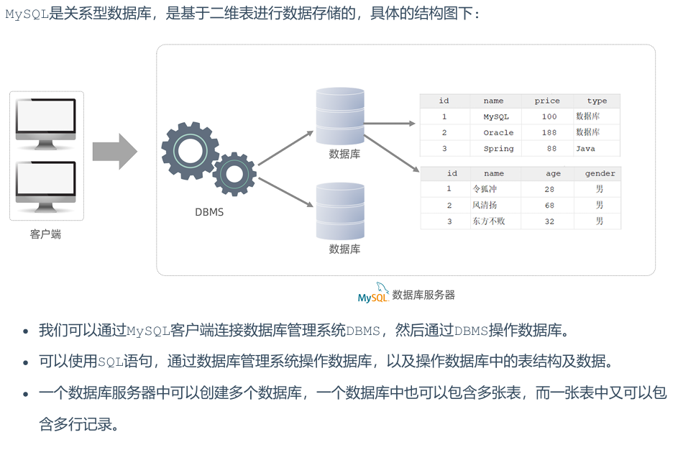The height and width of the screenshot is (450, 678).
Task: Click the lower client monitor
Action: pos(46,183)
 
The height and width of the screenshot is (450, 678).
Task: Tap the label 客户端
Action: pos(46,234)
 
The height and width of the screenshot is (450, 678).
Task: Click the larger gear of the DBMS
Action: pos(190,150)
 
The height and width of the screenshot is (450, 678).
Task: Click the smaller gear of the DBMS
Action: pos(234,174)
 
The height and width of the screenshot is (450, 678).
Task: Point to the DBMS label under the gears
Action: pos(209,212)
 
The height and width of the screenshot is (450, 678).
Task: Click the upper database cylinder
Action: pos(341,116)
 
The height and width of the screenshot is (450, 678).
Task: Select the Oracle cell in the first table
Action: pos(498,132)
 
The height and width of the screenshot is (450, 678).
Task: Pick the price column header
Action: pos(547,101)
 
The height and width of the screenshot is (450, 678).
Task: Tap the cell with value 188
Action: pos(549,132)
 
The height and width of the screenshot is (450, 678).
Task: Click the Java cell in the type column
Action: pos(585,149)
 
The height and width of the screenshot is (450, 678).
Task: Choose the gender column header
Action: pos(600,173)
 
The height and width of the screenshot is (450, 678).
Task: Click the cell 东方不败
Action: pos(489,221)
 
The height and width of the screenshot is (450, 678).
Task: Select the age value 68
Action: pos(549,206)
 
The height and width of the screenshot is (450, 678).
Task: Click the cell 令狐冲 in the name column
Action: pos(485,189)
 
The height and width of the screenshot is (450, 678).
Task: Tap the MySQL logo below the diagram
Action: pos(373,295)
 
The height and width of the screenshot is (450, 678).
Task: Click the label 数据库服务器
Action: pos(423,295)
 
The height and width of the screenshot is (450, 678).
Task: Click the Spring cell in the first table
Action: pos(498,149)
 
